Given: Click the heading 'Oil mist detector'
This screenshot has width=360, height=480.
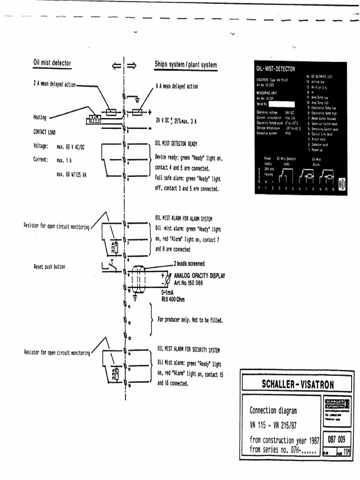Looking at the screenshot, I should click(x=52, y=63).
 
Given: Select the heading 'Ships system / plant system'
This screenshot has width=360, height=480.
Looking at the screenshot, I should click(x=186, y=65).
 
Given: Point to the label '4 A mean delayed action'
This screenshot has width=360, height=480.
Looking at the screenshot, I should click(x=177, y=87).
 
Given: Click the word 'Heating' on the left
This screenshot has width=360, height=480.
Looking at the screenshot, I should click(x=40, y=117).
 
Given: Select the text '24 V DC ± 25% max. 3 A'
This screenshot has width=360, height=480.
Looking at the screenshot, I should click(x=176, y=120).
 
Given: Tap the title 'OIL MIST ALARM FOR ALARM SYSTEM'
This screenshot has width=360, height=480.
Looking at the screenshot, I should click(x=184, y=218).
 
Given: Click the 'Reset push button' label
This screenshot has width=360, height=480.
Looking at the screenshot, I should click(x=49, y=267).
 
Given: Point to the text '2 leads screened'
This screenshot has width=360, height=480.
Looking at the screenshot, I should click(x=189, y=263).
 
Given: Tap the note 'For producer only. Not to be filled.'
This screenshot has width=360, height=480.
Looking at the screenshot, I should click(x=190, y=320).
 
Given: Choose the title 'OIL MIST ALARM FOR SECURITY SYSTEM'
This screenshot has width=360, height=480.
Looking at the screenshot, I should click(x=188, y=350).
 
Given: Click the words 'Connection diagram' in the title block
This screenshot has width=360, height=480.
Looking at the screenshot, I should click(x=273, y=411).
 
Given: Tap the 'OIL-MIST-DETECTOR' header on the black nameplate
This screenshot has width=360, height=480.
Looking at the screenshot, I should click(x=276, y=68).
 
